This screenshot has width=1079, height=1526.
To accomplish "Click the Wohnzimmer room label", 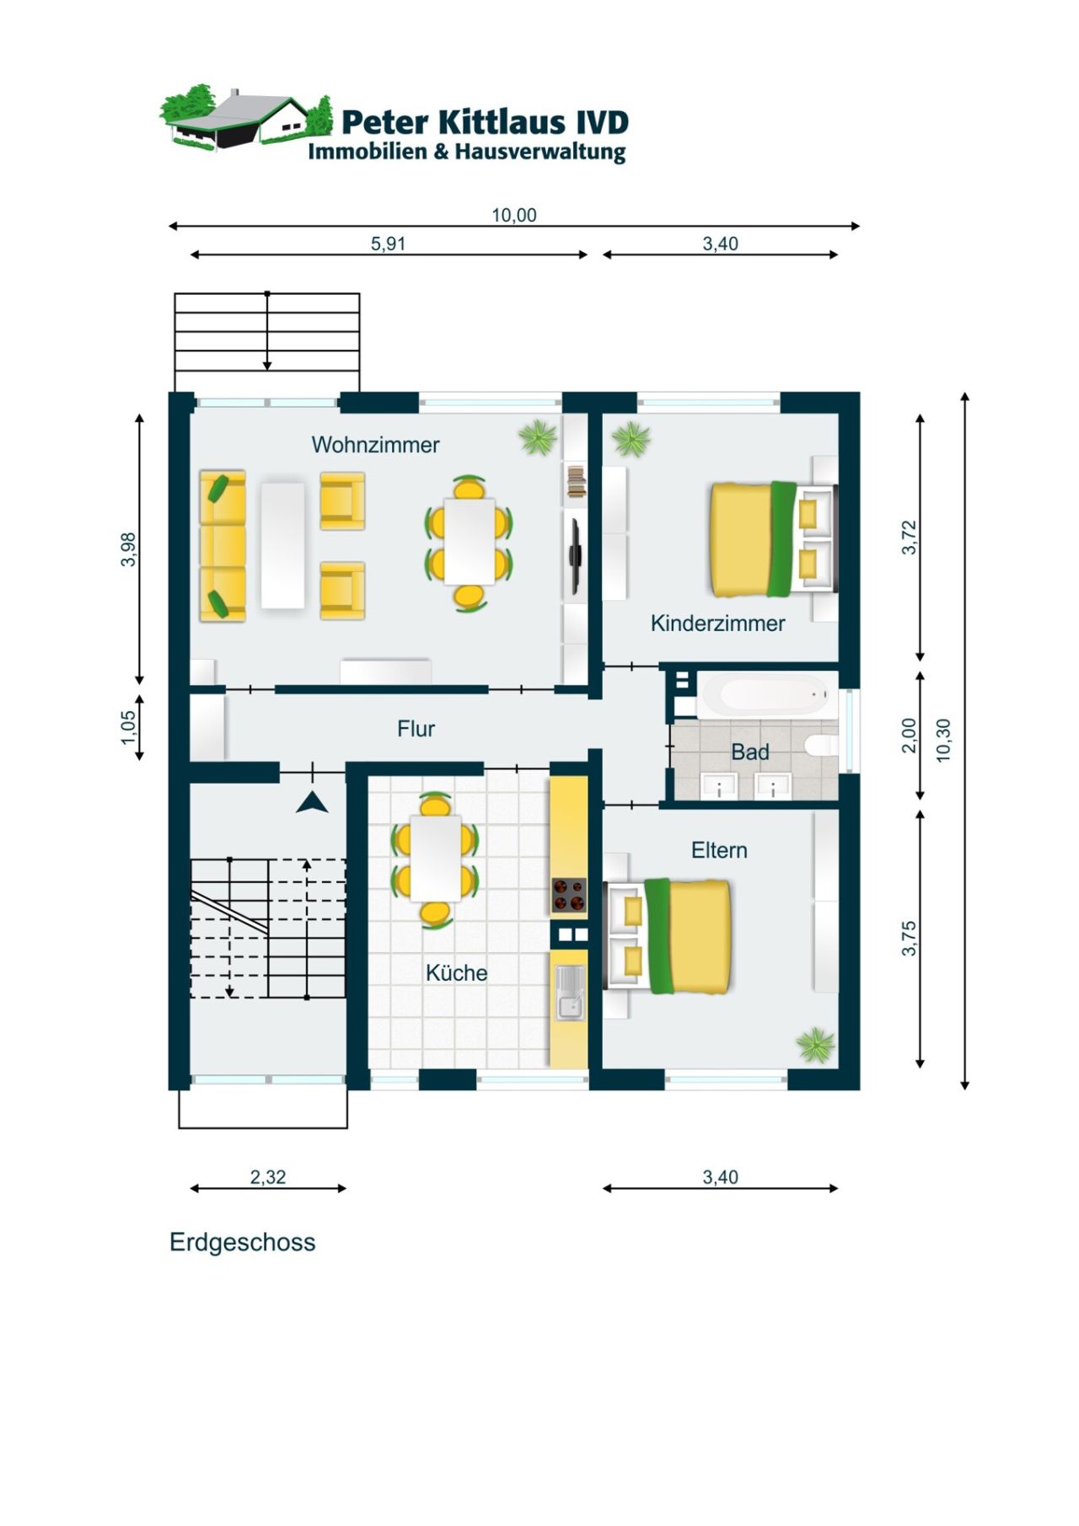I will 375,444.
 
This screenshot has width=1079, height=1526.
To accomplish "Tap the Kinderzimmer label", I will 717,624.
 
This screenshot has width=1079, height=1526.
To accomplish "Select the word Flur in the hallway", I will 416,729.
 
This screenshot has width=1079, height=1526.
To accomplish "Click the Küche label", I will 456,973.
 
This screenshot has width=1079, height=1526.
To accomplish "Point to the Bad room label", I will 749,752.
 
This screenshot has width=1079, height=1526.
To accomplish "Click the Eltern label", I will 719,850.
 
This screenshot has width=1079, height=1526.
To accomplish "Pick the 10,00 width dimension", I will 513,215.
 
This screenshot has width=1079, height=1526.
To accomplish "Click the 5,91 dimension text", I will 388,244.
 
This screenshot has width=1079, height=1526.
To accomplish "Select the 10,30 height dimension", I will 943,740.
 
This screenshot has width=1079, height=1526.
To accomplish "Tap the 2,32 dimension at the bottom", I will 267,1177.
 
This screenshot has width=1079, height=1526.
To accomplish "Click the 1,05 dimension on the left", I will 128,727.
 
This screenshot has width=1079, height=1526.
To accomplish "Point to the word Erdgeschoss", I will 242,1242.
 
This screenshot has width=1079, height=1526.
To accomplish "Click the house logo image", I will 245,118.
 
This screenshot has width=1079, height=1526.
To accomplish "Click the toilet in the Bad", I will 821,745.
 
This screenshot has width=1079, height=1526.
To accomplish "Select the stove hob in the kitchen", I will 569,896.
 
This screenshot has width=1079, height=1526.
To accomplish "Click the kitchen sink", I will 569,993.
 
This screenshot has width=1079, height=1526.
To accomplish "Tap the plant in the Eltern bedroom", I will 815,1045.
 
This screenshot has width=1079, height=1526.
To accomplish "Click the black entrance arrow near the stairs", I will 312,802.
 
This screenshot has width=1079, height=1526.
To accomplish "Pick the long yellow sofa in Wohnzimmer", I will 223,546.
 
